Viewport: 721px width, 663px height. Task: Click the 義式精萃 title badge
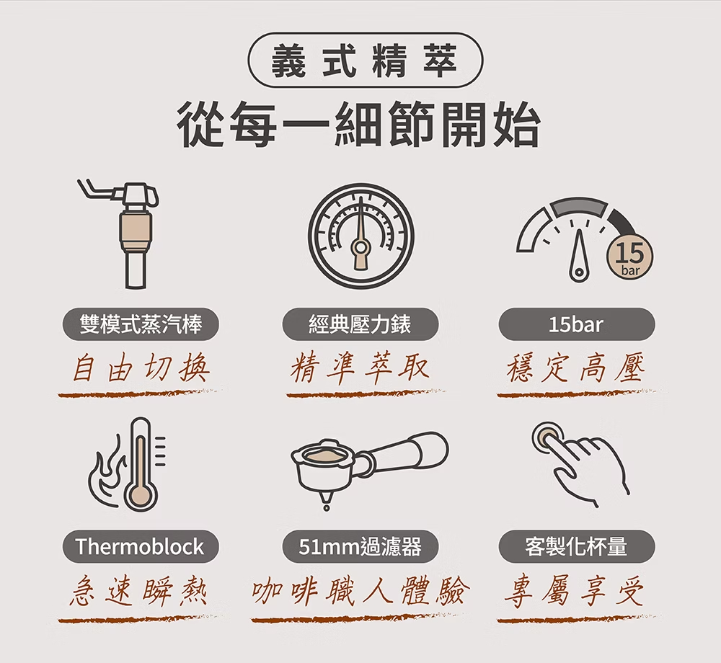click(366, 60)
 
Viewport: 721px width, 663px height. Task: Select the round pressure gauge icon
click(360, 236)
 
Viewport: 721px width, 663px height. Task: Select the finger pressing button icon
click(580, 464)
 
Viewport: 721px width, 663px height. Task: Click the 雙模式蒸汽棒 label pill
click(141, 324)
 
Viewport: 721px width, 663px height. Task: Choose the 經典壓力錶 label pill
click(360, 324)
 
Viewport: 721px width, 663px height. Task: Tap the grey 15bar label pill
click(577, 324)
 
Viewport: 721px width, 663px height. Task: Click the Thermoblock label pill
click(141, 547)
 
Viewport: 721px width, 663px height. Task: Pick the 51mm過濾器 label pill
click(360, 547)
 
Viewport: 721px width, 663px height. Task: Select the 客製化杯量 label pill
click(577, 547)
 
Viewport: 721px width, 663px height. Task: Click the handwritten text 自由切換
click(141, 368)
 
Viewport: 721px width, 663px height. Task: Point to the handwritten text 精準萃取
click(360, 368)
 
